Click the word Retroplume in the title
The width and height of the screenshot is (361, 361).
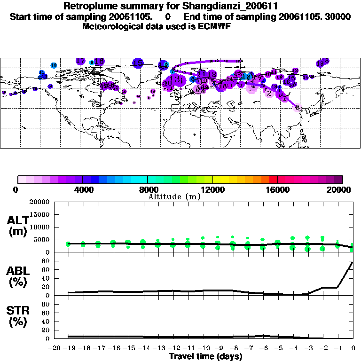(x=89, y=7)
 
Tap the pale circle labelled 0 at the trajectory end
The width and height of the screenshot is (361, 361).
(x=297, y=108)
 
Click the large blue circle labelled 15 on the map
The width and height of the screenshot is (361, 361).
(x=138, y=63)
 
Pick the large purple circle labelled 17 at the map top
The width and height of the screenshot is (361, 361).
(x=80, y=62)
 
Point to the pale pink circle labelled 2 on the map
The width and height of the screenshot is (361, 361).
(x=269, y=93)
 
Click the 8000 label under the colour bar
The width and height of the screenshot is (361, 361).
(x=148, y=189)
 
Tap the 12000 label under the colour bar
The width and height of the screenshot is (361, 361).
(x=212, y=189)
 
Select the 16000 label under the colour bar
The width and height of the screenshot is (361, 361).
(x=277, y=189)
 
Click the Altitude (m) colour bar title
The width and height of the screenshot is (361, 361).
(x=174, y=197)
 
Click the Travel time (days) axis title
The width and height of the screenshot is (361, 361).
(x=205, y=356)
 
